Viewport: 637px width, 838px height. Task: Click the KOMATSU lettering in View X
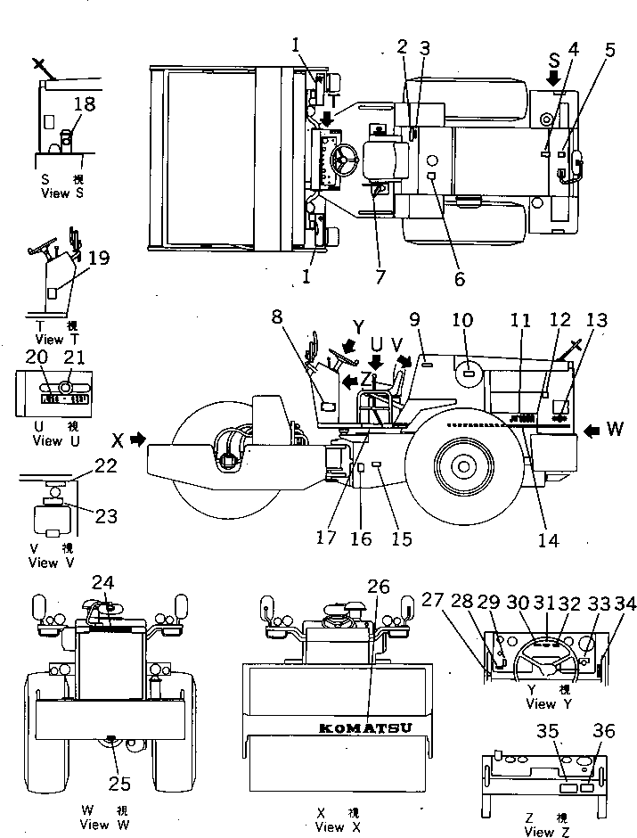coord(365,727)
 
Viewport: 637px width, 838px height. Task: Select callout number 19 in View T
coord(98,259)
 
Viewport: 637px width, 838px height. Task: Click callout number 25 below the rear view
coord(119,784)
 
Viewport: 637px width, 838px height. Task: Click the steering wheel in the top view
coord(343,161)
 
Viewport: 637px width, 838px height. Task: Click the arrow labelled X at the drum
coord(135,440)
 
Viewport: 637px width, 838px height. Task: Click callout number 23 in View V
coord(105,515)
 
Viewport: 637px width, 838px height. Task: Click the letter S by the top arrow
coord(554,62)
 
